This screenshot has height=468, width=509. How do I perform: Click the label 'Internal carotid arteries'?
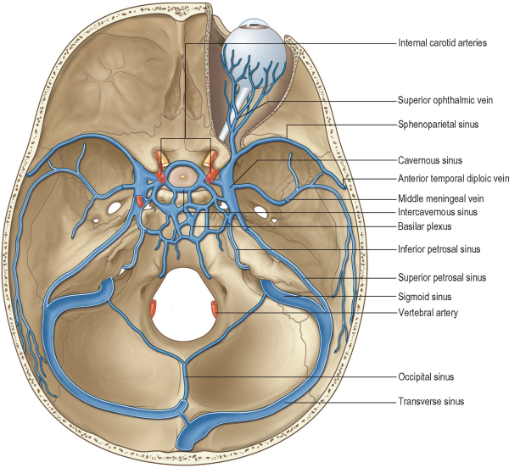(442, 42)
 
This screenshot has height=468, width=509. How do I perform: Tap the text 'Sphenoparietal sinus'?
(439, 124)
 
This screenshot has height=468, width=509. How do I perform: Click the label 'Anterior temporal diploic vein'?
(453, 178)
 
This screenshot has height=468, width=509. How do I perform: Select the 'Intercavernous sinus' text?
(439, 212)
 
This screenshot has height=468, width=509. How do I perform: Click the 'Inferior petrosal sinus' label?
(439, 250)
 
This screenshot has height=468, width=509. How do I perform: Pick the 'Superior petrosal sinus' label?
(441, 277)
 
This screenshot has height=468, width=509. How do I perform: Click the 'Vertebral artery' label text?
(429, 313)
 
